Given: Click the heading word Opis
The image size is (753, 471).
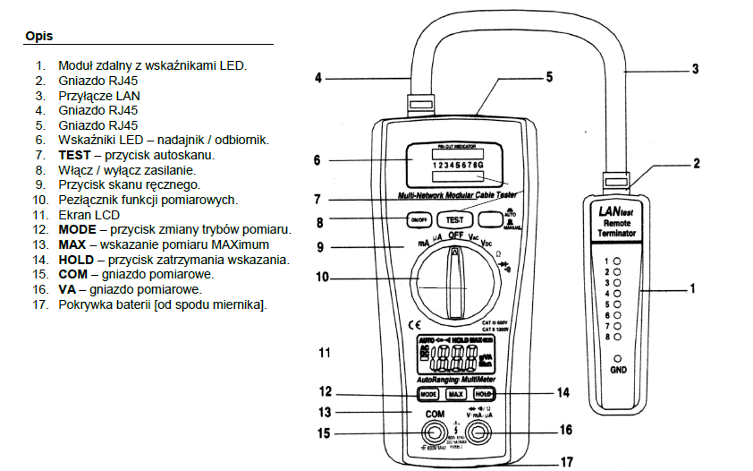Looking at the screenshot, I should point(40,37).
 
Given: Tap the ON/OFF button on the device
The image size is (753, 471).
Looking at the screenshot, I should point(419,220).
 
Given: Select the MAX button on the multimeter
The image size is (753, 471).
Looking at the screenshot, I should point(455,394).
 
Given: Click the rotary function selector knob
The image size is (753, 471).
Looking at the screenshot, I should point(457,280).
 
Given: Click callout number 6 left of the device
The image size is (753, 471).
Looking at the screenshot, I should point(317,161).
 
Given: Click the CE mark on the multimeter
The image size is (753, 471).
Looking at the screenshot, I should point(414,323).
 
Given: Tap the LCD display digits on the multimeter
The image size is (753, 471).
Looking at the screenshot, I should point(454,360).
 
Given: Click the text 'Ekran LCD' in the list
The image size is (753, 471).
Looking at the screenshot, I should point(90,215).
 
